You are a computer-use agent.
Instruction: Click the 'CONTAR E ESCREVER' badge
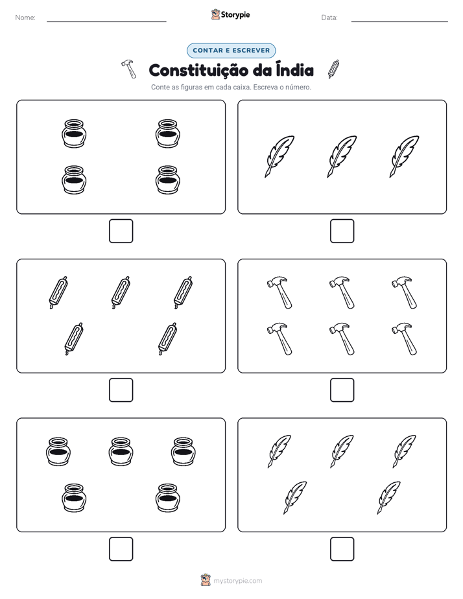click(x=231, y=51)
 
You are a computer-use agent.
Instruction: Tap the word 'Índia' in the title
click(x=294, y=69)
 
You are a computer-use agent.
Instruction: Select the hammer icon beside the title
click(x=129, y=69)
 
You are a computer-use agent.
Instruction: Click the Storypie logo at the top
click(x=230, y=14)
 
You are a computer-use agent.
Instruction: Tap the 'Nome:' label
click(x=25, y=18)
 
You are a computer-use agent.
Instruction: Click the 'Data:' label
click(x=329, y=18)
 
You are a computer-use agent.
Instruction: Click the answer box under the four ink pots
click(x=121, y=231)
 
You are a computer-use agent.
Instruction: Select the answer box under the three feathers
click(x=342, y=231)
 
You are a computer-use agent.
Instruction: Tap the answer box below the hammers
click(x=342, y=390)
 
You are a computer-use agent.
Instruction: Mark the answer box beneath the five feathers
click(x=342, y=549)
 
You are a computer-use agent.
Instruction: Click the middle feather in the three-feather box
click(x=342, y=156)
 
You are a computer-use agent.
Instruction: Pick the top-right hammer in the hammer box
click(x=405, y=292)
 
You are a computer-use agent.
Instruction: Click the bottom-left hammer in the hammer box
click(x=279, y=339)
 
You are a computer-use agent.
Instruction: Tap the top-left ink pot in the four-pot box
click(x=74, y=134)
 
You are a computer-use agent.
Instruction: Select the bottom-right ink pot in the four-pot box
click(x=168, y=180)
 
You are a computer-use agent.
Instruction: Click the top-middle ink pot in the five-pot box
click(x=121, y=452)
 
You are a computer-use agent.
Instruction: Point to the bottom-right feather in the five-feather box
click(x=389, y=497)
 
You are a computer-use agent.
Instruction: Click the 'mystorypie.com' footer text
click(x=237, y=581)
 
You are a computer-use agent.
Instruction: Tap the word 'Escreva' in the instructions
click(x=265, y=87)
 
